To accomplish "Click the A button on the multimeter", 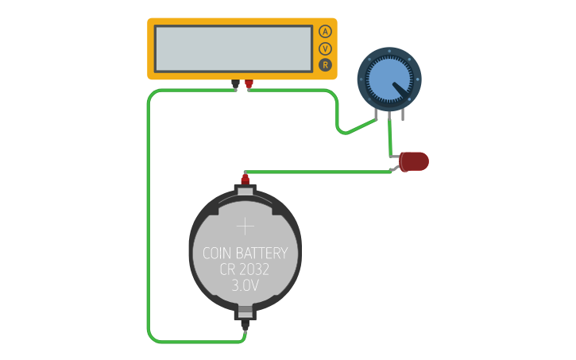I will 325,32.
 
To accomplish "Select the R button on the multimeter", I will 325,65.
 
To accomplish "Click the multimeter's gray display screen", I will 234,48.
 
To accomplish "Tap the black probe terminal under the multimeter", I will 235,83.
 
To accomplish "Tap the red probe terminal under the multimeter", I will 249,83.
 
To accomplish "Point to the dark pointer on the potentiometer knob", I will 403,92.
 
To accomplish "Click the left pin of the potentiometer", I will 376,116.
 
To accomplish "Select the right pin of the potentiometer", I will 403,116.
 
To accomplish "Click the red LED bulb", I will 415,162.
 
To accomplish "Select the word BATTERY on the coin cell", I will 264,254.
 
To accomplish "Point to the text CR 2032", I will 245,270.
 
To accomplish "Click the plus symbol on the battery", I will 245,226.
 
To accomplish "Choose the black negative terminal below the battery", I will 245,322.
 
